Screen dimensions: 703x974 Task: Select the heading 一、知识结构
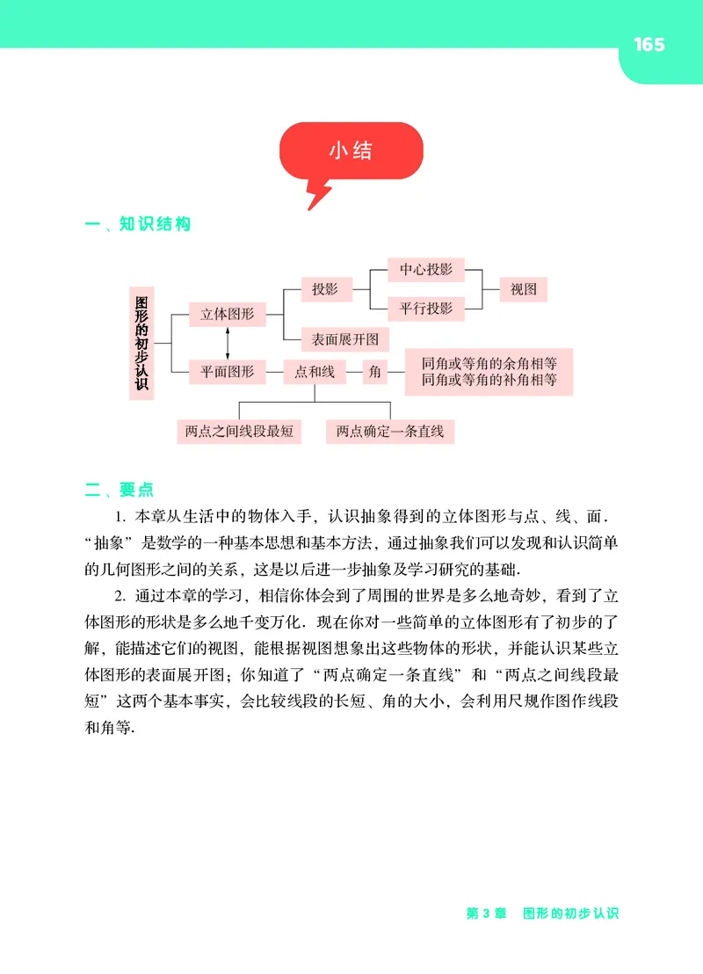pyautogui.click(x=137, y=224)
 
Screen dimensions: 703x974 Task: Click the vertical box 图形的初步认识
pyautogui.click(x=141, y=343)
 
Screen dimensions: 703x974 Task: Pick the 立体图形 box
pyautogui.click(x=228, y=314)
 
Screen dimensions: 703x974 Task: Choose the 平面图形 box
pyautogui.click(x=228, y=372)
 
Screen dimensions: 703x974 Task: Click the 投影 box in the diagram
pyautogui.click(x=325, y=288)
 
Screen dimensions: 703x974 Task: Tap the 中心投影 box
pyautogui.click(x=426, y=270)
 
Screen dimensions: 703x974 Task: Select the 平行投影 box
pyautogui.click(x=426, y=308)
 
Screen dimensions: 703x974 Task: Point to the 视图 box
pyautogui.click(x=524, y=288)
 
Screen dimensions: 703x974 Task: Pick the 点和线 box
pyautogui.click(x=315, y=372)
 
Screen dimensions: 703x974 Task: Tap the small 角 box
pyautogui.click(x=375, y=372)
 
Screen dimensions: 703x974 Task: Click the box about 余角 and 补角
pyautogui.click(x=489, y=372)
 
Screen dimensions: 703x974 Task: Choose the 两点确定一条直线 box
pyautogui.click(x=390, y=431)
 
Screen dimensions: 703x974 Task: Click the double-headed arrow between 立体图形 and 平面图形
pyautogui.click(x=228, y=343)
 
